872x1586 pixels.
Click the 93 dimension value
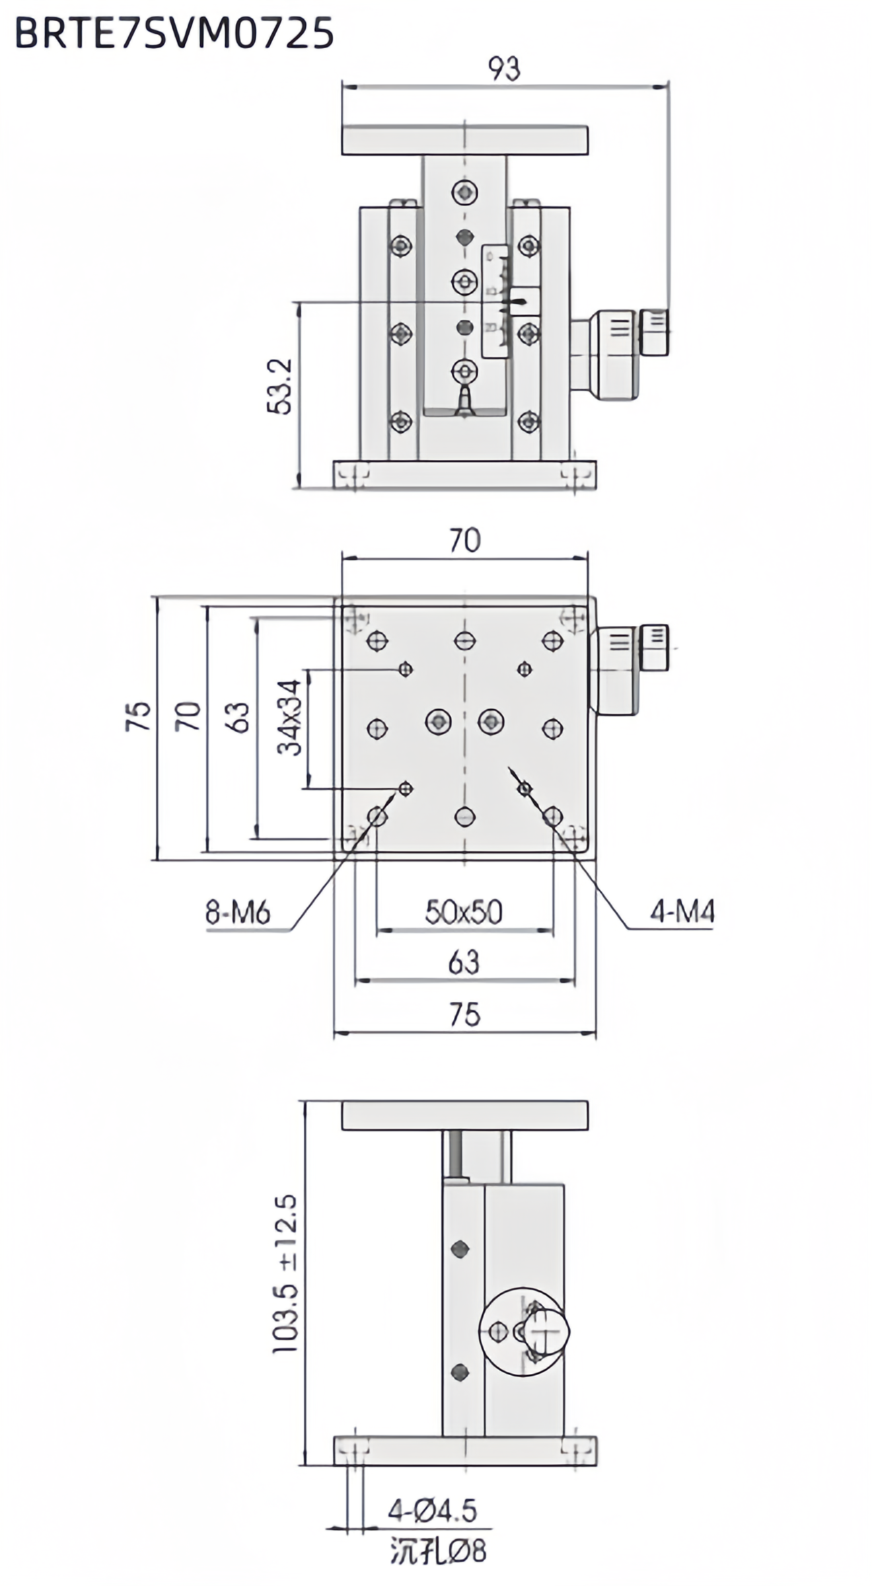point(503,69)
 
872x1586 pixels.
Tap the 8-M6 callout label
point(238,913)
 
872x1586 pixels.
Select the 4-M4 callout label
point(682,913)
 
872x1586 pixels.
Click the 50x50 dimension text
point(464,912)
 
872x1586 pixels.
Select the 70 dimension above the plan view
point(464,541)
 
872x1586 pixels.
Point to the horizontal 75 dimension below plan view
point(464,1015)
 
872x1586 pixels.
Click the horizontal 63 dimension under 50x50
point(464,963)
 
